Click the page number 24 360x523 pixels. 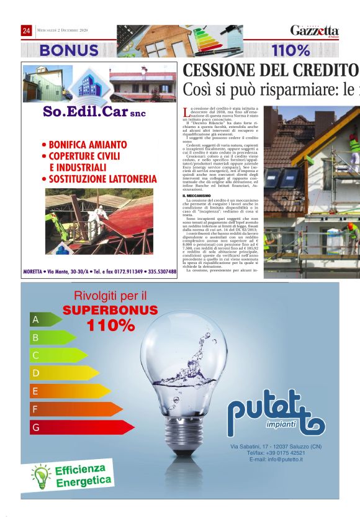coord(27,30)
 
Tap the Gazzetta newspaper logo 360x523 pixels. coord(315,30)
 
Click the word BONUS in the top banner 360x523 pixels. coord(68,50)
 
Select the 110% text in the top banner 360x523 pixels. coord(290,50)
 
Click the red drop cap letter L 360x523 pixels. coord(187,112)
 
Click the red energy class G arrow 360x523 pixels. coord(81,427)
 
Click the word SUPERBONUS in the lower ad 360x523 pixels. coord(110,309)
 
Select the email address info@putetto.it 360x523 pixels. coord(276,459)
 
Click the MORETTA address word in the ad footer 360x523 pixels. coord(34,271)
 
